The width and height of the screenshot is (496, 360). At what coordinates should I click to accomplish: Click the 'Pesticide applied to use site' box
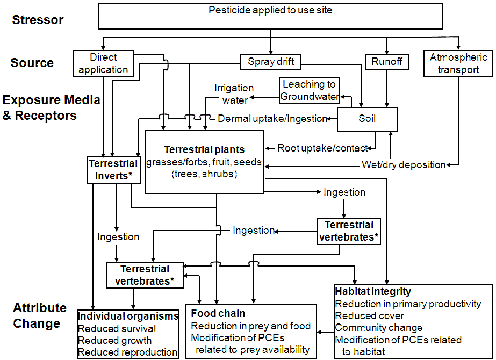pos(270,16)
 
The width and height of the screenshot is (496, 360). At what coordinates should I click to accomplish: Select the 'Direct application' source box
pos(103,63)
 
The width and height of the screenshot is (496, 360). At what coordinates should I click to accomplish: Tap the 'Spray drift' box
pos(271,62)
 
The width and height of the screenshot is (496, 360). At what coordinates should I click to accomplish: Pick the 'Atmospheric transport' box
pos(458,63)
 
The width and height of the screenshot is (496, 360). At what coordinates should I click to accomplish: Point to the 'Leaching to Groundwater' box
pos(310,90)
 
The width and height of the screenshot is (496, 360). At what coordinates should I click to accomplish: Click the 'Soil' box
pos(368,119)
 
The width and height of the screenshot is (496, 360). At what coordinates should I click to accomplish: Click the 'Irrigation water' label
pos(234,94)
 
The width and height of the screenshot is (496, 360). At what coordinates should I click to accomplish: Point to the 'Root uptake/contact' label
pos(323,148)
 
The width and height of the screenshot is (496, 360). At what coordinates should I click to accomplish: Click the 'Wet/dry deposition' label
pos(402,165)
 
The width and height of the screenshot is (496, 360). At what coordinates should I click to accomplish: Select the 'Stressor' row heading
pos(38,20)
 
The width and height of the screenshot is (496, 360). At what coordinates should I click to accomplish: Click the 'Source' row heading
pos(32,63)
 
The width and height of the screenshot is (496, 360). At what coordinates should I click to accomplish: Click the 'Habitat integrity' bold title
pos(373,292)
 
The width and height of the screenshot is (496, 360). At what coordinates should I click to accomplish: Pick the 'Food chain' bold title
pos(218,313)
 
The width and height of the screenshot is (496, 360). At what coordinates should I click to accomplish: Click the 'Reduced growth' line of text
pos(114,341)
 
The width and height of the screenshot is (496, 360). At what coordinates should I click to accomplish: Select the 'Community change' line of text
pos(379,328)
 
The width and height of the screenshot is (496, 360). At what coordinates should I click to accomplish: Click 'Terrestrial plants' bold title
pos(204,150)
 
